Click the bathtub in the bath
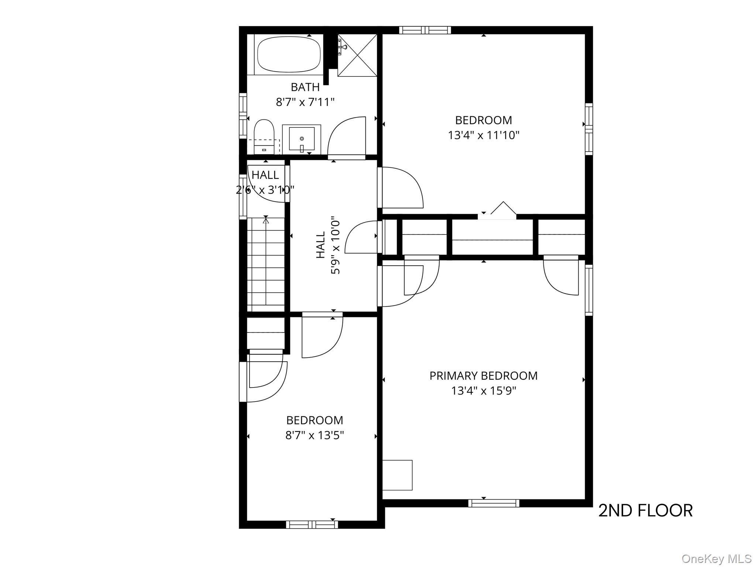pos(289,54)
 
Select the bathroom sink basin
pos(302,139)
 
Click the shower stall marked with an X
pos(357,55)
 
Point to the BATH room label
pos(305,87)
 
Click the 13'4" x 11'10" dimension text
pos(483,135)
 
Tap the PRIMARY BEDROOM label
pos(483,376)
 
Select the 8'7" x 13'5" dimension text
pos(315,435)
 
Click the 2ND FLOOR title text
pos(645,511)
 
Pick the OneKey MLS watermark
pos(716,559)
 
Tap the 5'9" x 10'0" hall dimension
pos(335,245)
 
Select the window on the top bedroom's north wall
pos(425,30)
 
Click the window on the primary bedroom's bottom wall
pos(494,503)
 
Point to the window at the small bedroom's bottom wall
pos(312,524)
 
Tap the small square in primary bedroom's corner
pos(397,475)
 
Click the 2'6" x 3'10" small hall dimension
pos(265,190)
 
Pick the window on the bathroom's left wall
pos(243,116)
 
